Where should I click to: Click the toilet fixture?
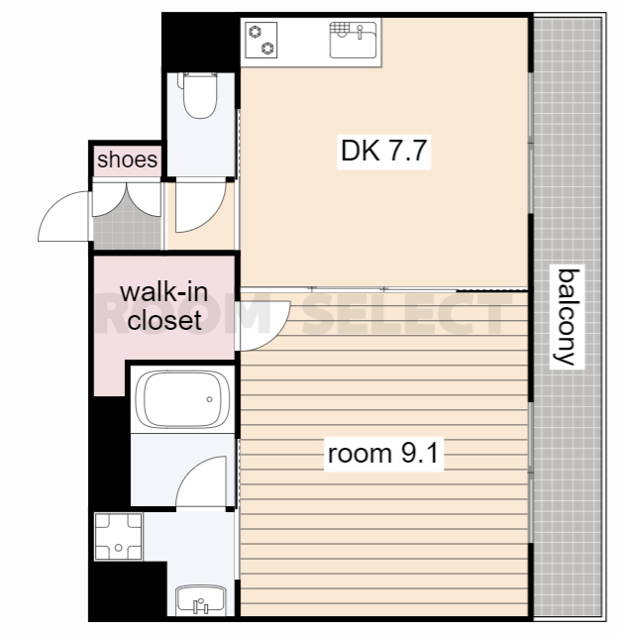click(x=199, y=95)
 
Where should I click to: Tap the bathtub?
click(x=182, y=399)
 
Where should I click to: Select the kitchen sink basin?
click(x=353, y=40)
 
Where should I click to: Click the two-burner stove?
click(x=261, y=40)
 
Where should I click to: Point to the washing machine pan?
click(x=118, y=537)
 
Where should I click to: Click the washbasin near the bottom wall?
click(x=201, y=600)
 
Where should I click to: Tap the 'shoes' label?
click(x=128, y=159)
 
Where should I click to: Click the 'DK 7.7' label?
click(x=384, y=151)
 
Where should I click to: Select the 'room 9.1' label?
click(x=383, y=454)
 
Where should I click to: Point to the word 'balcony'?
click(x=567, y=318)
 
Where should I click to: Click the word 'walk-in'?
click(x=164, y=292)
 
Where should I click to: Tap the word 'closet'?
click(x=164, y=320)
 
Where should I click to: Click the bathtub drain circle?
click(x=209, y=399)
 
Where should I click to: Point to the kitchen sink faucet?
click(x=360, y=31)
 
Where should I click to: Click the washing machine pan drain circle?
click(x=118, y=548)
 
